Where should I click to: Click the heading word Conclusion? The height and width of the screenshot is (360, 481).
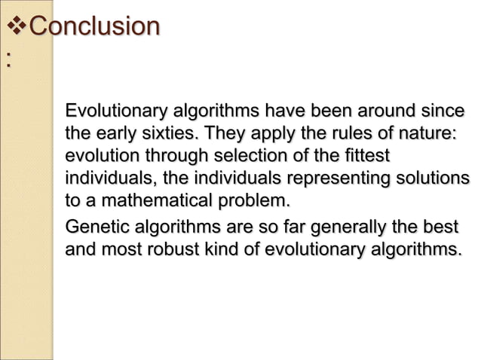[94, 26]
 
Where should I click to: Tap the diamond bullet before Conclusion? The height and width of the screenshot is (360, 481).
[15, 27]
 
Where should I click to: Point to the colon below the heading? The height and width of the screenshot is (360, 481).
[8, 63]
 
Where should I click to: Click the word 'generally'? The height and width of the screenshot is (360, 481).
[360, 227]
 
